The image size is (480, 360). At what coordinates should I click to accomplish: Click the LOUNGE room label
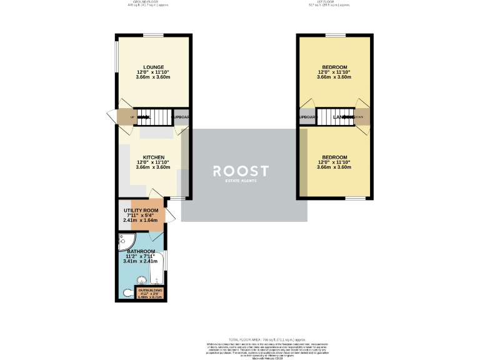click(153, 67)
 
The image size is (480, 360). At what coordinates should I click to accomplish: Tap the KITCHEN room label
click(153, 157)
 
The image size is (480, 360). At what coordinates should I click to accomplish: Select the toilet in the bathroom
click(127, 292)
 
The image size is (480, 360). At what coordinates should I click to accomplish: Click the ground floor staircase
click(153, 116)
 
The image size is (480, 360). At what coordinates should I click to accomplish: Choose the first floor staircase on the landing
click(334, 116)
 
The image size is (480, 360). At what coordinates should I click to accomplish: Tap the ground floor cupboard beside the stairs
click(181, 117)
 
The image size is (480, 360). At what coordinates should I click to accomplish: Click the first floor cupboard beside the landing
click(307, 117)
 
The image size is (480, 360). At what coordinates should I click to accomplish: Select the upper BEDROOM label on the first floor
click(334, 67)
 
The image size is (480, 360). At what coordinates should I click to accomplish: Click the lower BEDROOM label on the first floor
click(334, 157)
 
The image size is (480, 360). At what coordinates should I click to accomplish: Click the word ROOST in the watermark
click(241, 171)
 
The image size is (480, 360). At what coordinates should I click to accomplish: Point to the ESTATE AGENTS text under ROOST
click(241, 181)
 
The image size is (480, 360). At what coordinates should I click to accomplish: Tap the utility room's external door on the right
click(169, 216)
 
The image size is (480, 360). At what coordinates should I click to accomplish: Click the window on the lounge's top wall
click(153, 34)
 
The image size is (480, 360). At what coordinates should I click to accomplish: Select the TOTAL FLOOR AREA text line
click(240, 337)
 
